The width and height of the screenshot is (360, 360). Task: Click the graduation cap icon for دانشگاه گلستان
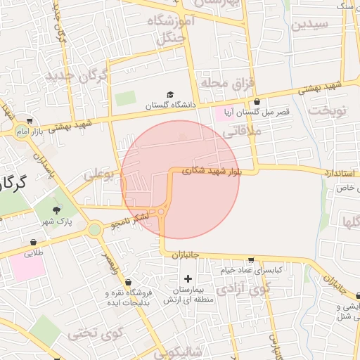169,95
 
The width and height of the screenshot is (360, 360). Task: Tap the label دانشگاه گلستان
168,105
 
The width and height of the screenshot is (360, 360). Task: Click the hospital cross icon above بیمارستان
188,279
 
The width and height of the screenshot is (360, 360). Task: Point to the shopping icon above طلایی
33,243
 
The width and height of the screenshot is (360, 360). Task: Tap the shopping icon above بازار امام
29,120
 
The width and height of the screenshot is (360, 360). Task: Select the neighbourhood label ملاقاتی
245,131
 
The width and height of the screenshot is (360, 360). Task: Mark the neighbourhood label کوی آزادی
243,288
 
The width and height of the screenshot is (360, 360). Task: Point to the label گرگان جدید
77,75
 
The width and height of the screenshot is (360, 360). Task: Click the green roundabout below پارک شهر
95,229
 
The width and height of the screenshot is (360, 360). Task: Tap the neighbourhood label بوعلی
99,173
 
